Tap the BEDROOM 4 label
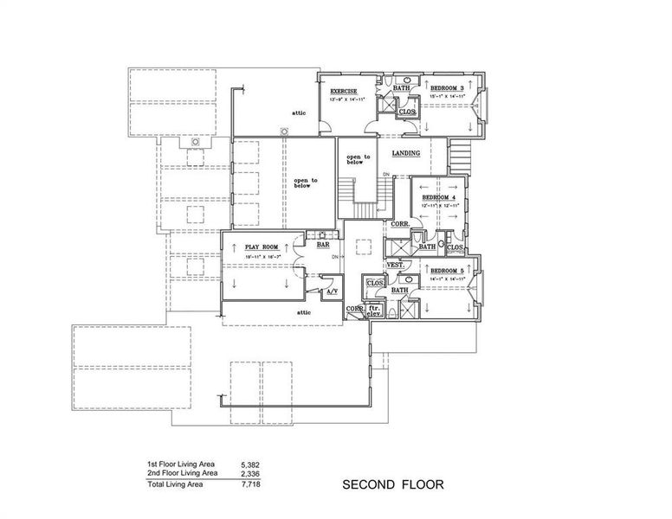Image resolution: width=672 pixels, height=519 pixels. (x=438, y=197)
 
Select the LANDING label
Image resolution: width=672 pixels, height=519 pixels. (x=406, y=153)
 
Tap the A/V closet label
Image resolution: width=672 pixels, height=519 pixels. (x=331, y=292)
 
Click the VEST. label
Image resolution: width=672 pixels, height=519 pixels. (x=394, y=265)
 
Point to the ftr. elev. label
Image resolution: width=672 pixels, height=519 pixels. (x=375, y=311)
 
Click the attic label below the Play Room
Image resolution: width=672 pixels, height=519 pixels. (x=303, y=312)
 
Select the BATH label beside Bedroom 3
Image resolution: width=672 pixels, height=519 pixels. (x=402, y=88)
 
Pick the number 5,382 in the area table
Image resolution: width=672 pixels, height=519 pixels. (x=249, y=465)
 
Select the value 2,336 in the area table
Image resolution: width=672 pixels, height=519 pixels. (x=249, y=474)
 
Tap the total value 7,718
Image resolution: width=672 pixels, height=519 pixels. (x=249, y=484)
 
